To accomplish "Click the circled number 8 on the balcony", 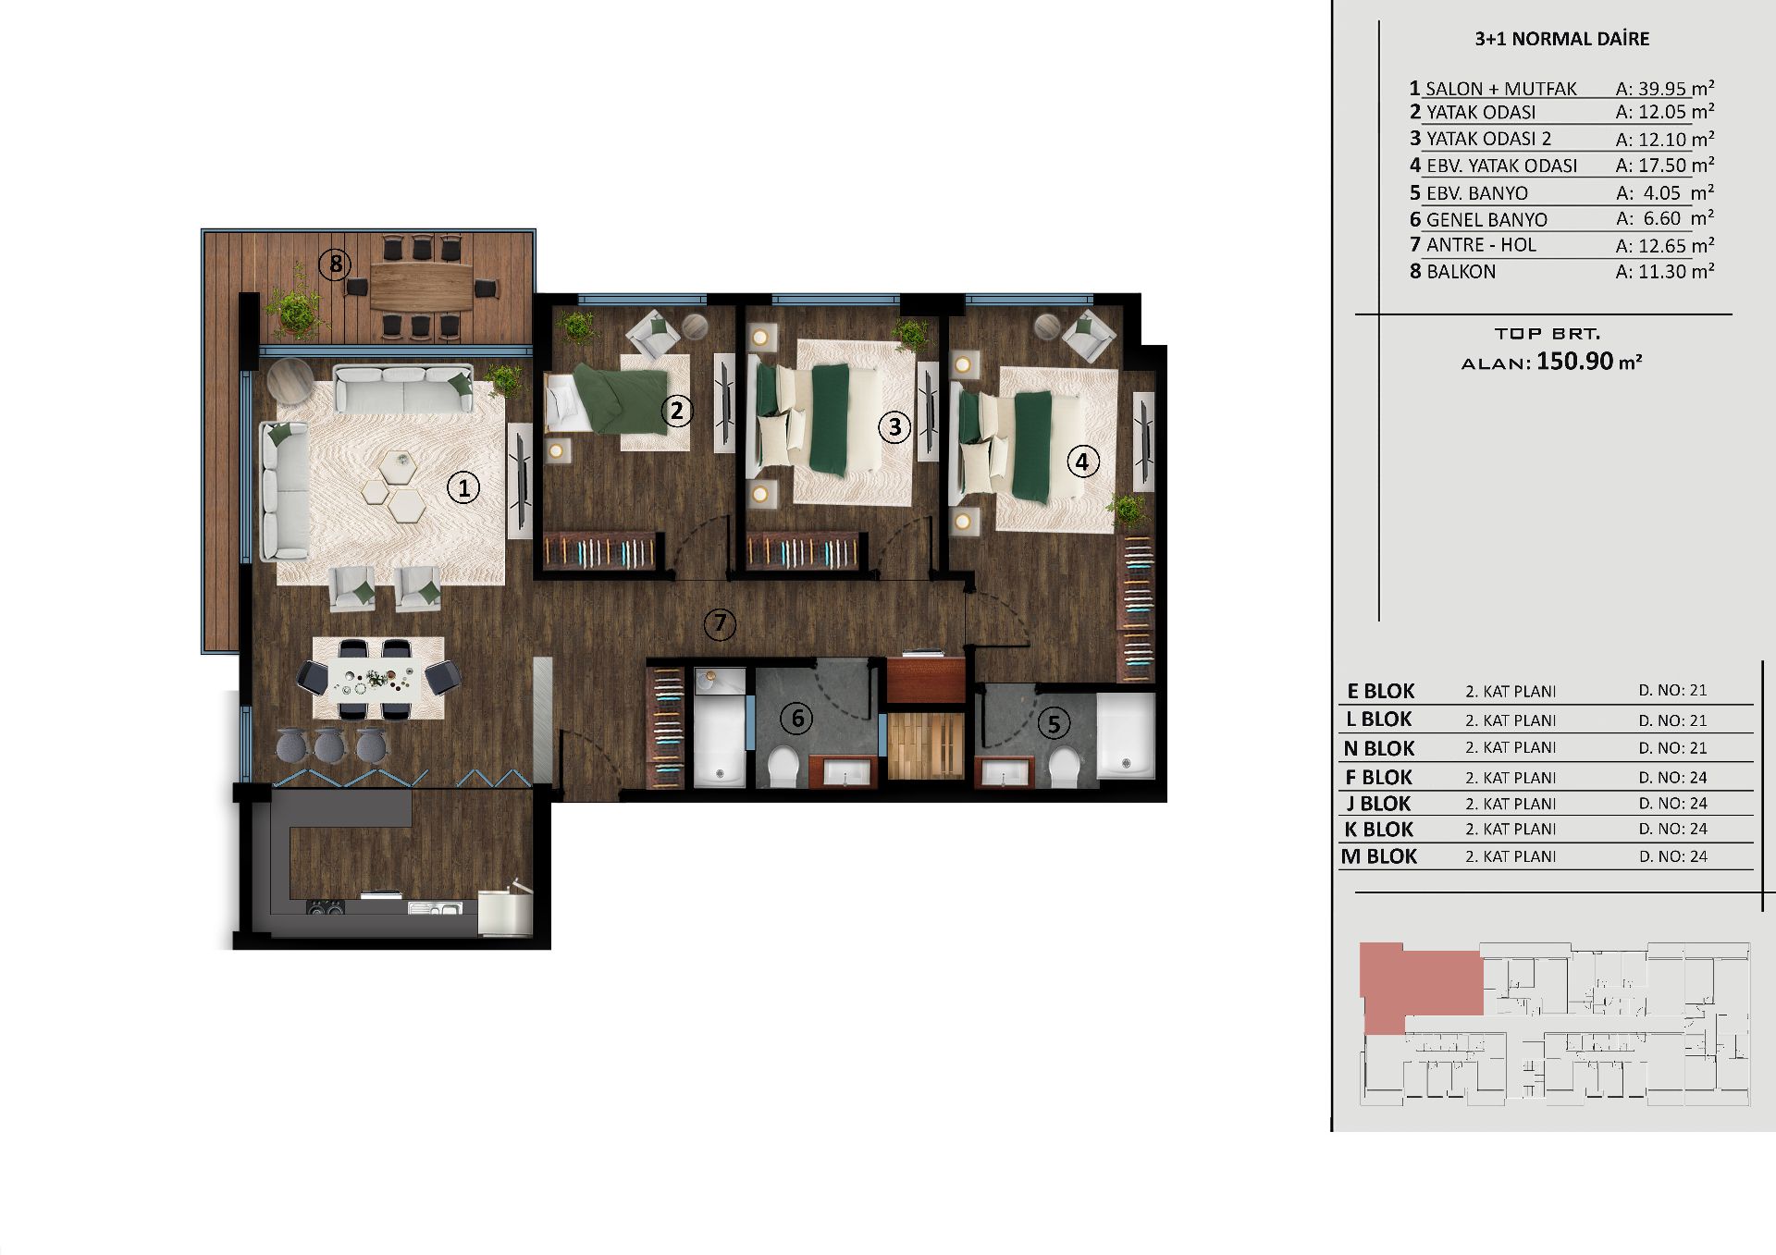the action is click(335, 265).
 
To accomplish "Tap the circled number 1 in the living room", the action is click(463, 487).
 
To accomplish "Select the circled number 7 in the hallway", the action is click(720, 624).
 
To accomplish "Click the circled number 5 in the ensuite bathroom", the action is click(1054, 723).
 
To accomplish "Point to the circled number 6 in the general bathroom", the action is click(796, 718).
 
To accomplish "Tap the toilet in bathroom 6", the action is click(783, 767).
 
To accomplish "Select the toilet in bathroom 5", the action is click(1065, 768).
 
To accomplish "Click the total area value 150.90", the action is click(1575, 361).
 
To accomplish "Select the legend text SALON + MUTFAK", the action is click(1500, 89).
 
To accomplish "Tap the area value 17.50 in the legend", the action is click(1662, 166).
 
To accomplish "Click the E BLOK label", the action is click(1381, 691).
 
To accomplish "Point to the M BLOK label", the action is click(1379, 856).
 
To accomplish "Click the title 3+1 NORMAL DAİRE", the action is click(1561, 39).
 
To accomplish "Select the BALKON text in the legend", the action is click(1461, 272).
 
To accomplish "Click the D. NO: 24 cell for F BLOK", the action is click(1673, 778).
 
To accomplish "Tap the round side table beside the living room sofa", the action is click(291, 380).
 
